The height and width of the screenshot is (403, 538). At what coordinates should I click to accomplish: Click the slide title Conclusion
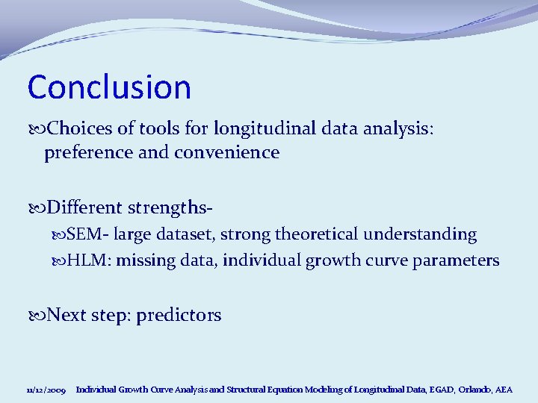109,87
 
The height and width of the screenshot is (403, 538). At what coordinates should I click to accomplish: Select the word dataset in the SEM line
186,234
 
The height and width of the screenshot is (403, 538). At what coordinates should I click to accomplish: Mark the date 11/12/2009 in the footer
46,390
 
